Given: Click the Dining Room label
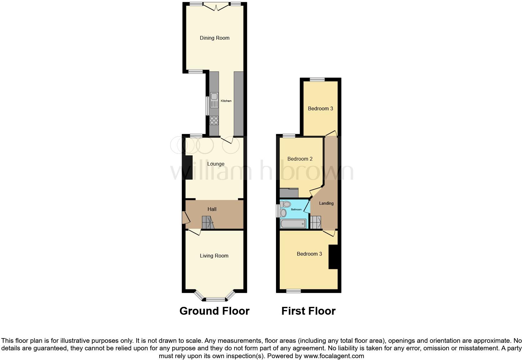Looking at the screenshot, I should pos(214,38).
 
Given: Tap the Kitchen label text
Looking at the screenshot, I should pos(226,101).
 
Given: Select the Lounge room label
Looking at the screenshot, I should pos(216,164).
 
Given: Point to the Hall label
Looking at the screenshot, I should pos(212,209).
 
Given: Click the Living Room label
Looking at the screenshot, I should pos(214,256).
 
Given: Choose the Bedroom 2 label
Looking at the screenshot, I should pos(300,159).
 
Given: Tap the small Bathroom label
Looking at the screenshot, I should pos(296,209).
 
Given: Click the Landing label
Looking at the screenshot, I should pos(326,203).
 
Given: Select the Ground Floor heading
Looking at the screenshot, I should pos(214,311).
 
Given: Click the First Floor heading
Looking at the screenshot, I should pos(308,311).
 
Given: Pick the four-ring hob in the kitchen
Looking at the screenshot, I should pos(214,120).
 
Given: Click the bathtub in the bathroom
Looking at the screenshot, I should pos(293,224).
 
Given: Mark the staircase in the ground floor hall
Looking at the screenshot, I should pos(208,222).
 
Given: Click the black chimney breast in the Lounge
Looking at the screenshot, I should pos(189,167).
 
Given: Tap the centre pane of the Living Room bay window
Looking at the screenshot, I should pos(215,299).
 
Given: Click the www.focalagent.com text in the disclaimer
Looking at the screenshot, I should pos(334,356).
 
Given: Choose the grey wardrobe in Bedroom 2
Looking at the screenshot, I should pos(289,193).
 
